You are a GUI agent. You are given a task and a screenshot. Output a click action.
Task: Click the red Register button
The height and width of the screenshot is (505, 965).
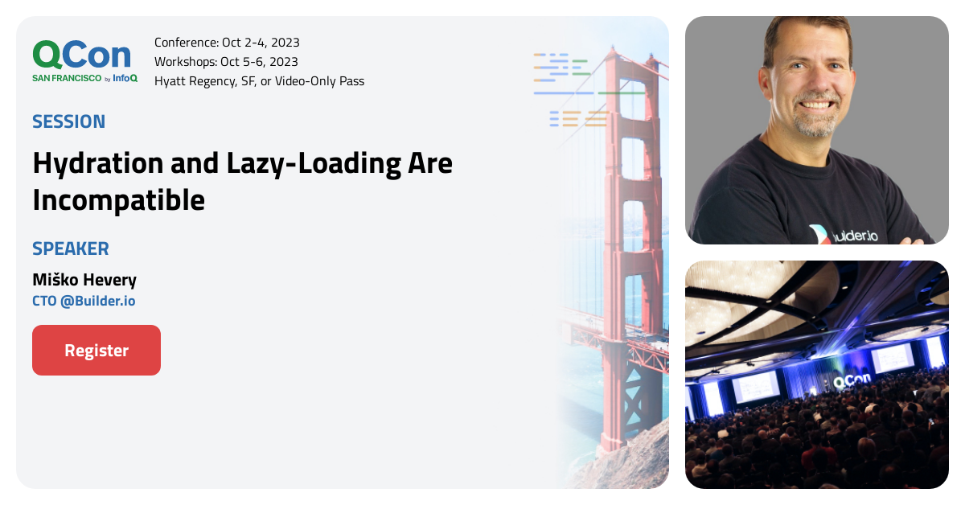point(96,351)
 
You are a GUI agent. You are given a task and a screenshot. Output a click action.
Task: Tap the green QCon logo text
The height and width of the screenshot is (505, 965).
point(81,55)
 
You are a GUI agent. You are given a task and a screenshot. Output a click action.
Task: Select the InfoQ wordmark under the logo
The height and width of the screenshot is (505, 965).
point(125,78)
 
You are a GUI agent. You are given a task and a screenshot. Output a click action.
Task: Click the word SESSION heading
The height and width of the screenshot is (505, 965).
point(68,121)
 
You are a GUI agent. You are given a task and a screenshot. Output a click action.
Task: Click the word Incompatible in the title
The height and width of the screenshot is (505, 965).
point(118,200)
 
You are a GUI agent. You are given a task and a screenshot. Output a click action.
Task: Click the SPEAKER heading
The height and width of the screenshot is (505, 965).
point(70,248)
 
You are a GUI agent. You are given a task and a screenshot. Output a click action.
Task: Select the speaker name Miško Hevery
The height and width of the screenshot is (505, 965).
point(84,280)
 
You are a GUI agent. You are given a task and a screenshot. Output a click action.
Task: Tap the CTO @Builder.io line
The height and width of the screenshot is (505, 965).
point(84,302)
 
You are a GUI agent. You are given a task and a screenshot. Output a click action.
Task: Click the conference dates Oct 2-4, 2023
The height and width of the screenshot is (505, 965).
point(261,43)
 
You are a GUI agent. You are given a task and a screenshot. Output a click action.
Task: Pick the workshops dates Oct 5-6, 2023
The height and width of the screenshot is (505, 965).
point(259,62)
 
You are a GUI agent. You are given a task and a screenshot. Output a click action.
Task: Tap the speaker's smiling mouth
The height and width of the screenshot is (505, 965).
point(818,104)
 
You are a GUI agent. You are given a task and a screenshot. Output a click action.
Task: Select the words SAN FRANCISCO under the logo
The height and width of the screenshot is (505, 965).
point(67,78)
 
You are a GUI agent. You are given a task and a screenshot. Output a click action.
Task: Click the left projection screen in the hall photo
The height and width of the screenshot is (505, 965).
point(755,386)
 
